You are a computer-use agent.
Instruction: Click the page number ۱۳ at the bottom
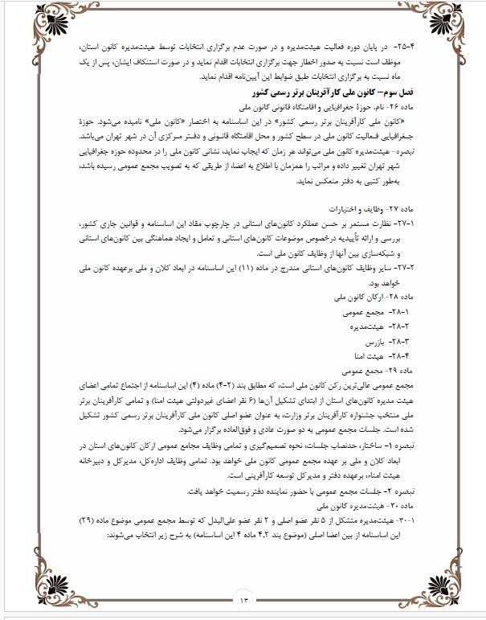click(x=243, y=598)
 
